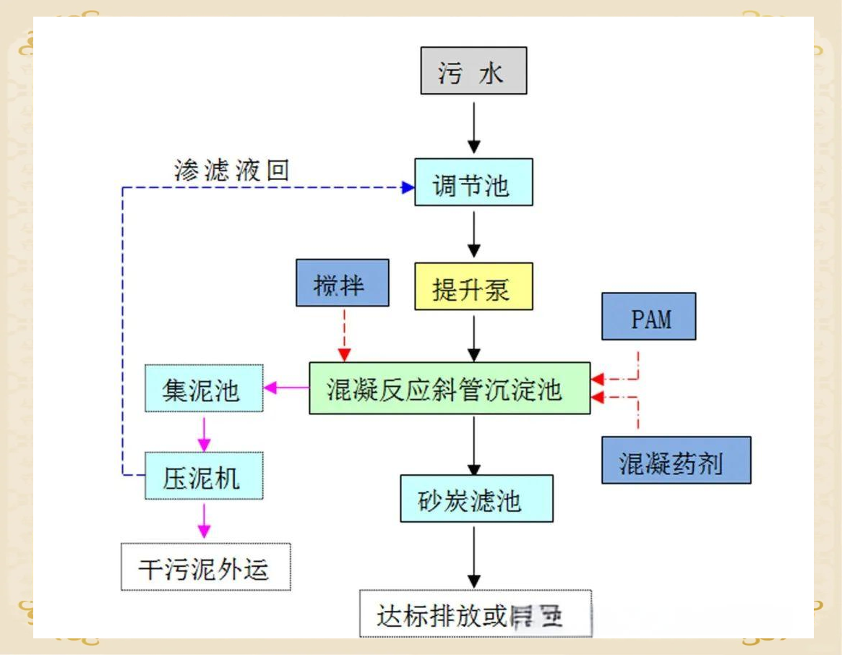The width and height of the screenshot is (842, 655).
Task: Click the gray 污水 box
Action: pos(473,71)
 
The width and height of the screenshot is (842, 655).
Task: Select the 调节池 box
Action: pos(473,182)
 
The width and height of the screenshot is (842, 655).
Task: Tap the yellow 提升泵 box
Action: pos(473,286)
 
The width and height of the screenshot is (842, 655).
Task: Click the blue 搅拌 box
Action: pos(342,283)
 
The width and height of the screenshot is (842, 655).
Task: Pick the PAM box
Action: pos(648,316)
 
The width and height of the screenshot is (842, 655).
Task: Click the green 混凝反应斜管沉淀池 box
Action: pos(450,388)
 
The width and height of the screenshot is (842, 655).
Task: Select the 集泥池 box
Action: pos(204,389)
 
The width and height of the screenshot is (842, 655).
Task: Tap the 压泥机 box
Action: pos(204,475)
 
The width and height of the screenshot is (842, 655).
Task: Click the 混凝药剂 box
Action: pos(676,460)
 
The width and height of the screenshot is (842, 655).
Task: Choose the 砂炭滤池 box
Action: pos(476,498)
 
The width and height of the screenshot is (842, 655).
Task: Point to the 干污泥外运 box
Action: pos(205,567)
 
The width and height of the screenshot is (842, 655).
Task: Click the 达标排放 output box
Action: pos(475,614)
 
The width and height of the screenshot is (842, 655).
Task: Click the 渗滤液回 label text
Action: pos(231,170)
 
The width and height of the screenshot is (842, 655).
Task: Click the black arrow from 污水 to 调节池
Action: pos(473,127)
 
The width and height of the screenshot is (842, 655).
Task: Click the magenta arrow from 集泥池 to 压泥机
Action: pos(205,432)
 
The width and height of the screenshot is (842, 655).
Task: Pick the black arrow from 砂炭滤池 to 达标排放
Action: pos(473,556)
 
